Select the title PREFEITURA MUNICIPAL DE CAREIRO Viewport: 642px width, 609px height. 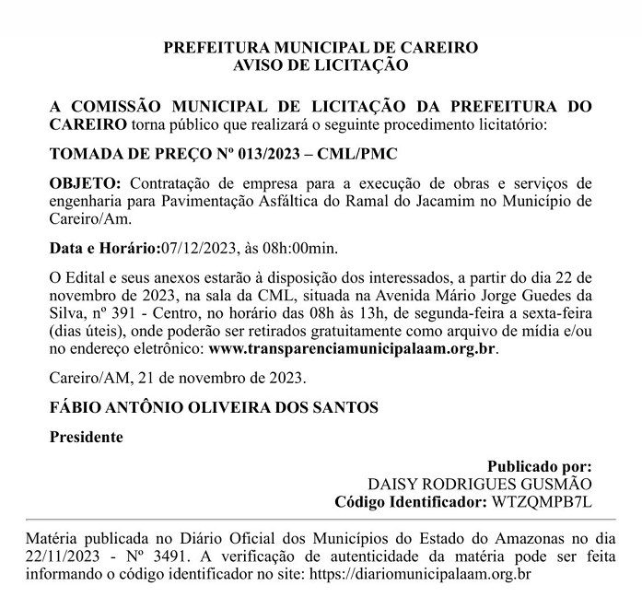tap(321, 47)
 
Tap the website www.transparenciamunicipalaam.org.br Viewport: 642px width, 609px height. tap(353, 349)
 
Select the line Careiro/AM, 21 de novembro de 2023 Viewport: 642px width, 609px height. tap(178, 378)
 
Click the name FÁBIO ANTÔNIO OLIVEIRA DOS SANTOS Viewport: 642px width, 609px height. tap(214, 407)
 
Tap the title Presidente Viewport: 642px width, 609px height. tap(86, 437)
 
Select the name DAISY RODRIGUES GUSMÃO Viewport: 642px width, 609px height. tap(480, 484)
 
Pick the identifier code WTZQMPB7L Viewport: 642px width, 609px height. tap(542, 501)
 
